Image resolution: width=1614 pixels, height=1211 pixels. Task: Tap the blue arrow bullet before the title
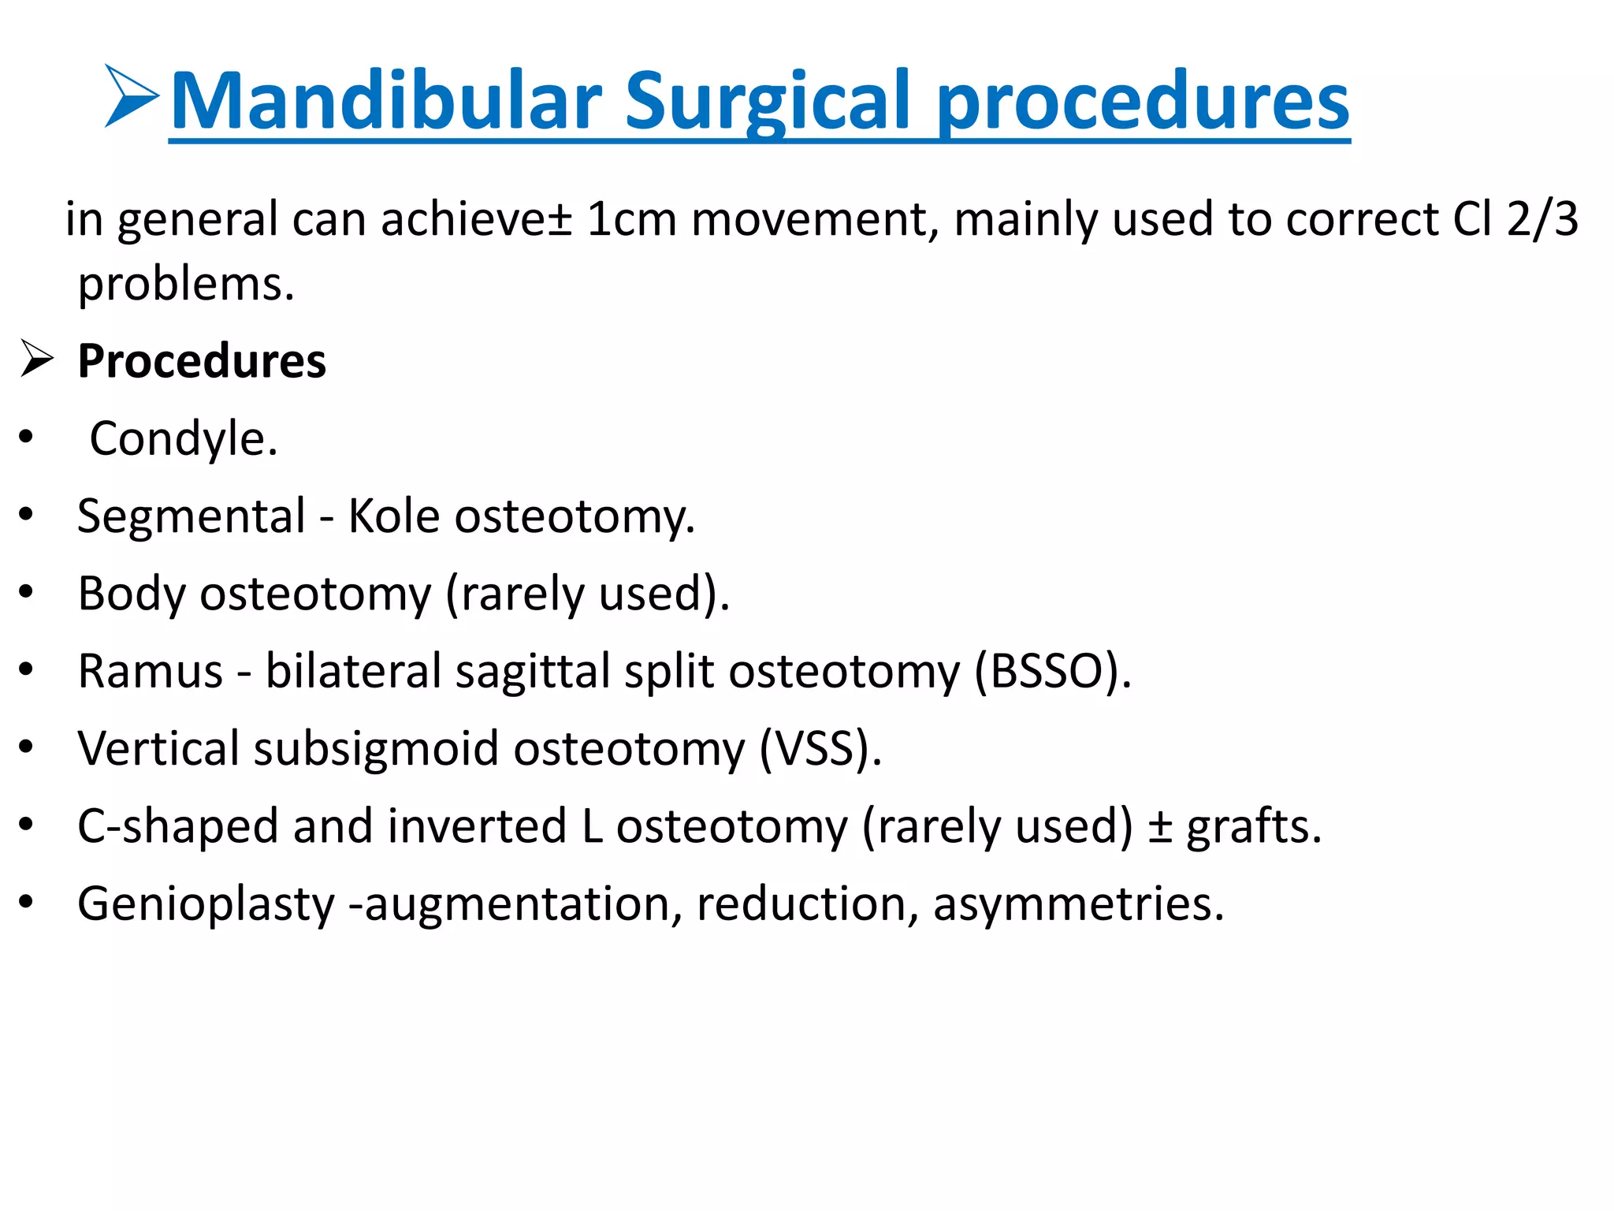coord(131,96)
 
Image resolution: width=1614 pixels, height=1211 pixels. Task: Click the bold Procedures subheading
coord(202,361)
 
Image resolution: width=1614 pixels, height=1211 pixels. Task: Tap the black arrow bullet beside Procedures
coord(36,359)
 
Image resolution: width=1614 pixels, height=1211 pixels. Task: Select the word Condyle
coord(183,438)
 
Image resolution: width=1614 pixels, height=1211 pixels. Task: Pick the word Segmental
coord(192,516)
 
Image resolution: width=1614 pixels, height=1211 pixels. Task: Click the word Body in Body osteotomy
coord(131,593)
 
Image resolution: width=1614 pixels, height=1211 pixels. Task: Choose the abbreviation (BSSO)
coord(1052,671)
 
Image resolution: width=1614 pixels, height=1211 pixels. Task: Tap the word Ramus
coord(151,671)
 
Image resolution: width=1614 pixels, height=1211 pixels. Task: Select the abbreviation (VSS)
coord(820,748)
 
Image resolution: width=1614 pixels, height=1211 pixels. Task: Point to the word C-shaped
coord(178,826)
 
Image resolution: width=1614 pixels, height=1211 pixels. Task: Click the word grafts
coord(1253,826)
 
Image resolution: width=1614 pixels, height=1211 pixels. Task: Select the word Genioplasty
coord(206,904)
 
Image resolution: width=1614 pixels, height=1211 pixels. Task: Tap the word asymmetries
coord(1078,904)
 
